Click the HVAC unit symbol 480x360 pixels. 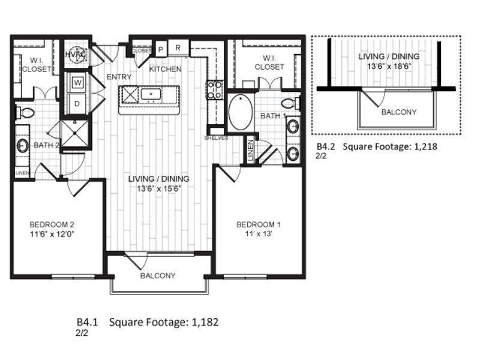tap(76, 53)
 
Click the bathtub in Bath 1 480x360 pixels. tap(240, 112)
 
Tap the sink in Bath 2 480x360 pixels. tap(23, 145)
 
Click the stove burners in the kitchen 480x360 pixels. tap(215, 90)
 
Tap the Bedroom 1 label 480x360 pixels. tap(259, 224)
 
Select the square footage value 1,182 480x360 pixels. tap(205, 322)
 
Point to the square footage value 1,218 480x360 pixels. tap(428, 146)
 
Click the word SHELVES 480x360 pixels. tap(215, 137)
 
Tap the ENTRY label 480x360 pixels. tap(119, 77)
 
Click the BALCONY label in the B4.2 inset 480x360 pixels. tap(398, 112)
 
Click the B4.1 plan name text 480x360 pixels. tap(86, 322)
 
